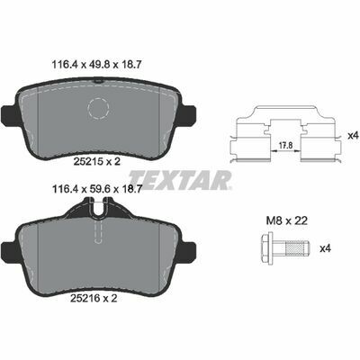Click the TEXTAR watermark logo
coord(181,180)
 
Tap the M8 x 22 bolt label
coord(287,221)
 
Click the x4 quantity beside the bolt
coord(326,248)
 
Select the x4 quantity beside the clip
coord(353,136)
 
